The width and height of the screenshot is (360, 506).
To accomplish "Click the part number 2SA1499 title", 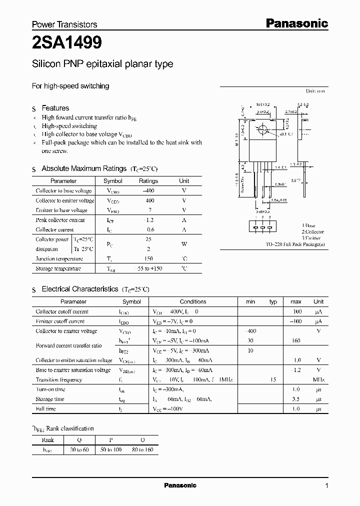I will [67, 43].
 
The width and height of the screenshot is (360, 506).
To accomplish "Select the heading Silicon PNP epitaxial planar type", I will [102, 64].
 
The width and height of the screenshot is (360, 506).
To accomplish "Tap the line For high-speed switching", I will [70, 86].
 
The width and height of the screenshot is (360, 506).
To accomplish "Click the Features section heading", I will [55, 108].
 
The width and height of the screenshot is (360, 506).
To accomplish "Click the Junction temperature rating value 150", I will [148, 258].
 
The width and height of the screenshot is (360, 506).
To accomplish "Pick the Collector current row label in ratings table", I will [54, 229].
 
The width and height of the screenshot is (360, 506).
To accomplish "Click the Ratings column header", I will [148, 181].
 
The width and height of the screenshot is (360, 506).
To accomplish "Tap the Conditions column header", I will [192, 302].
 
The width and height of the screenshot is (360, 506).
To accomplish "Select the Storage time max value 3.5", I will [295, 399].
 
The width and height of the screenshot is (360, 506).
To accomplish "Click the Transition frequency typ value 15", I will [273, 379].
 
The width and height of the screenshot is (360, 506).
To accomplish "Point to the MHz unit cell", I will [318, 379].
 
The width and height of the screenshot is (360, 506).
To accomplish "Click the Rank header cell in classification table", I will [49, 440].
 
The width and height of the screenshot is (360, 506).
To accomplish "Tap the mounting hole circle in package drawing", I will [261, 130].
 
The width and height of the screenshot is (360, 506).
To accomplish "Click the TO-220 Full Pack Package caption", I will [295, 244].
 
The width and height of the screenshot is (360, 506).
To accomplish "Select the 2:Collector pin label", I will [312, 231].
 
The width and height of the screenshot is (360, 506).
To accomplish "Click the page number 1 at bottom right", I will [326, 486].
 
